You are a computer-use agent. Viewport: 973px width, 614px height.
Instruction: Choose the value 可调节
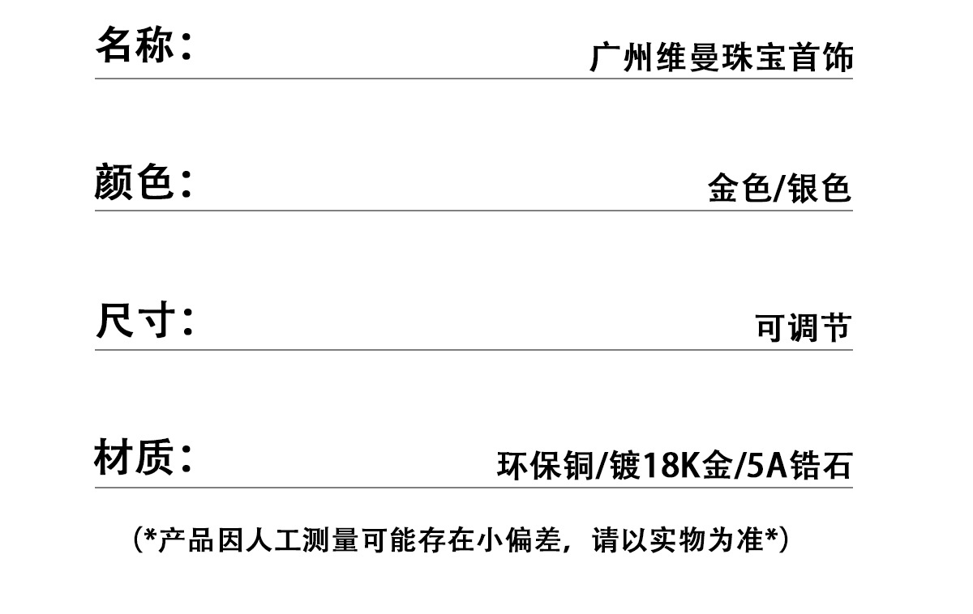coord(803,328)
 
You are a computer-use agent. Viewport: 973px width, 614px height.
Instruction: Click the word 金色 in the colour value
coord(737,189)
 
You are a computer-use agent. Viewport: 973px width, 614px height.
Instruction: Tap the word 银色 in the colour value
coord(821,189)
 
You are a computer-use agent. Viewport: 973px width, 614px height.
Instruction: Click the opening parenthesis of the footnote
coord(137,539)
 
